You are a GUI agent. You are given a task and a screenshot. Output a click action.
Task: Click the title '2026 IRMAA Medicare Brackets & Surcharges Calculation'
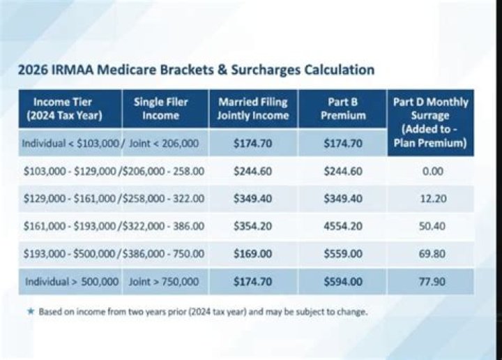pos(195,70)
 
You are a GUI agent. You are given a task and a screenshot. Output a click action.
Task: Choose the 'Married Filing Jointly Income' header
pos(252,108)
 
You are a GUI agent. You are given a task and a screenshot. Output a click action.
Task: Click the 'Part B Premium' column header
pos(343,108)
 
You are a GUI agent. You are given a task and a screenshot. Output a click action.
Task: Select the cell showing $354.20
pos(252,227)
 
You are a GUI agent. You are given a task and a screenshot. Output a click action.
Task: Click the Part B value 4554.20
pos(343,227)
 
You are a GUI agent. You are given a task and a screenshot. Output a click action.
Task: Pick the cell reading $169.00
pos(252,255)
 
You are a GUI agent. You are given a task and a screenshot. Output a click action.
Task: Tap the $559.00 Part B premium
pos(343,255)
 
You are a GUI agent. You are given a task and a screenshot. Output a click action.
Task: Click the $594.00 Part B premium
pos(343,282)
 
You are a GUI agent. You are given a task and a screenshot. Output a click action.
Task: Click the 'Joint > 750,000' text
pos(164,282)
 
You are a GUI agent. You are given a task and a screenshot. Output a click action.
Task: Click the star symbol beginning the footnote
pos(30,311)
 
